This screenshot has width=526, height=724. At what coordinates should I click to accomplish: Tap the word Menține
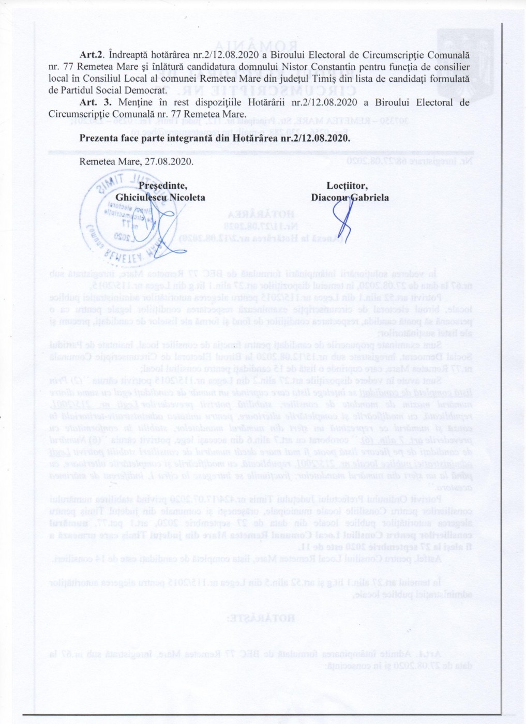[x=134, y=102]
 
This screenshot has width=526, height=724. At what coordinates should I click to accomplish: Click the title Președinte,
[x=163, y=186]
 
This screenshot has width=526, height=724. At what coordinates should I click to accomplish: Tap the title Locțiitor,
[x=347, y=186]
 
